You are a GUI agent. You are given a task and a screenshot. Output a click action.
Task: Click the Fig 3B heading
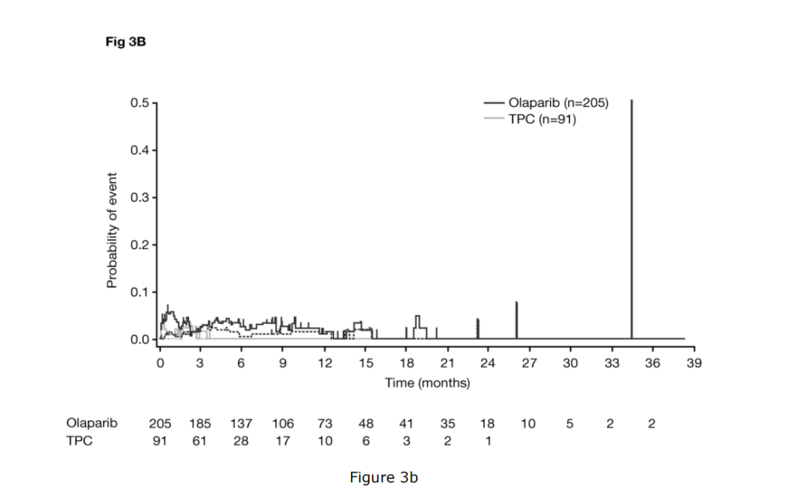125,42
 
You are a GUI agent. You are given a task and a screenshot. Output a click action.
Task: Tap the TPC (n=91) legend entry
542,120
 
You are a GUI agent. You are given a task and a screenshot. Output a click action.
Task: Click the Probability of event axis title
112,230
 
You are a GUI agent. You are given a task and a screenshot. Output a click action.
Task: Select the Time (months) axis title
428,383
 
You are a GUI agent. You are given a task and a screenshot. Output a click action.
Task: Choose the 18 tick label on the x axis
406,362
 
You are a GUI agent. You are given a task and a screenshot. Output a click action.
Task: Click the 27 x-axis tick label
530,362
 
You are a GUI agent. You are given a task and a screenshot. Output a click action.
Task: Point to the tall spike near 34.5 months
631,219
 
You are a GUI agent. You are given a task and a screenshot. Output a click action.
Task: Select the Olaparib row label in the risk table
91,423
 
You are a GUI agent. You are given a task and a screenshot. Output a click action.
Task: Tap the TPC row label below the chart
79,440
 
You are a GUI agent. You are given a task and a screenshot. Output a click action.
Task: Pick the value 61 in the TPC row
200,440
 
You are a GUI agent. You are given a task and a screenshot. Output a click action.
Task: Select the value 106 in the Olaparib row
283,423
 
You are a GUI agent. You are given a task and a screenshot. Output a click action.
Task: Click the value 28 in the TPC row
241,440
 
